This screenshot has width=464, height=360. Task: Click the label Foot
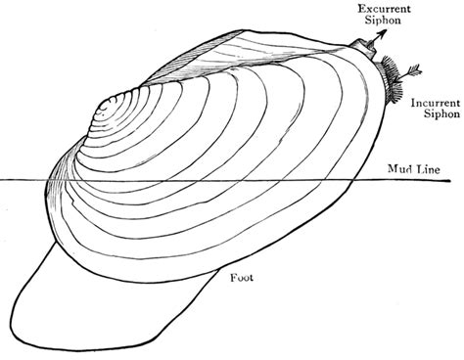(x=242, y=277)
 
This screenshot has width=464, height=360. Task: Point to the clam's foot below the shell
(x=108, y=293)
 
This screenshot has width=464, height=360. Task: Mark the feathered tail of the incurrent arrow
(x=412, y=69)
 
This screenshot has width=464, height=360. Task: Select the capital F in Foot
(x=232, y=277)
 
